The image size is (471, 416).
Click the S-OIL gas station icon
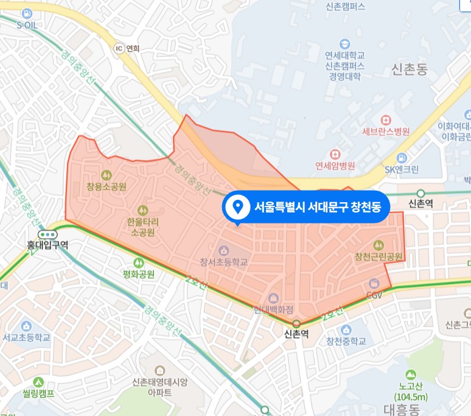click(27, 13)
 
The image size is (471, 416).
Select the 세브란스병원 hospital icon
click(385, 119)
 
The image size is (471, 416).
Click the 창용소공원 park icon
click(106, 174)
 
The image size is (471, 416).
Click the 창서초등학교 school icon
click(224, 250)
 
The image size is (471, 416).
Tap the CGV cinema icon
click(374, 283)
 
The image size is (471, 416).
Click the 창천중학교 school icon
click(346, 329)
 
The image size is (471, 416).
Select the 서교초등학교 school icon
click(26, 325)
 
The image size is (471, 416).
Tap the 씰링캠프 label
click(38, 393)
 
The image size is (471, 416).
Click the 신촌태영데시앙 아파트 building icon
click(159, 370)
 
